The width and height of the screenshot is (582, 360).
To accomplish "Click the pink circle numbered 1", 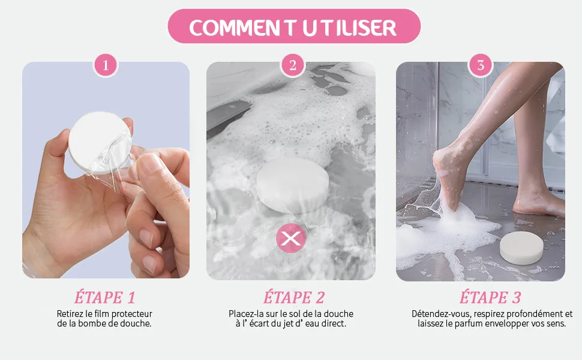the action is (106, 65).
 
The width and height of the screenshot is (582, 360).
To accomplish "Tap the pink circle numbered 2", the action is (293, 65).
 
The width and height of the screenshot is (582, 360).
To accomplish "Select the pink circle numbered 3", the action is (481, 65).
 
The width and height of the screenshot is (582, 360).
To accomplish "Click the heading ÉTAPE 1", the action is (105, 298).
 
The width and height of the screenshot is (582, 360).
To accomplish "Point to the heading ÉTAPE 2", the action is (294, 298).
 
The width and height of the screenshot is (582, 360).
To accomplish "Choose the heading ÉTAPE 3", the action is (490, 298).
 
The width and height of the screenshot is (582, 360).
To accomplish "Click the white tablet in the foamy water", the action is (293, 185).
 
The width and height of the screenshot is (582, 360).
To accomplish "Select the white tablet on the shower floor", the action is (521, 248).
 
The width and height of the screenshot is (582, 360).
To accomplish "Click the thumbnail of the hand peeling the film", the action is (106, 170).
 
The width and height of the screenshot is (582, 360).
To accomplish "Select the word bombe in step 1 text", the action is (90, 323).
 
